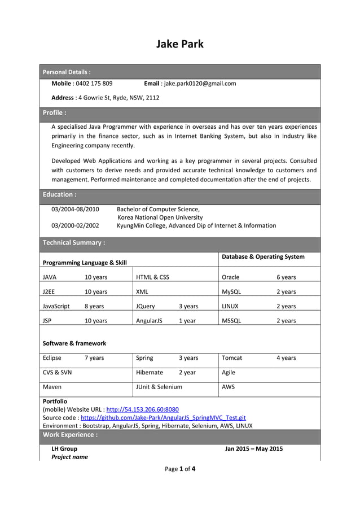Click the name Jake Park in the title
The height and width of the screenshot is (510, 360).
[x=179, y=44]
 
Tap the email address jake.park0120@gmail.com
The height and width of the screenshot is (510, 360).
[x=199, y=84]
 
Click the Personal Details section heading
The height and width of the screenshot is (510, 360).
[x=67, y=72]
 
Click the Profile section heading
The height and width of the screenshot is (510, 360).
[x=55, y=112]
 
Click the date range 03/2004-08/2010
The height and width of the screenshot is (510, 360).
[x=75, y=210]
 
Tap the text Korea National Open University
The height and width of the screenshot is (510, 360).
[x=160, y=217]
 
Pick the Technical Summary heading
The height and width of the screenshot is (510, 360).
[x=74, y=243]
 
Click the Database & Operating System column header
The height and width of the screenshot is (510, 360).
[x=263, y=257]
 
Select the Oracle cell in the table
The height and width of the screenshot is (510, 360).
[x=230, y=277]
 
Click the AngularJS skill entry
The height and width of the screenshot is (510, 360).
[x=149, y=321]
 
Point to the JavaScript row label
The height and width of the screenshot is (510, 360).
[x=56, y=306]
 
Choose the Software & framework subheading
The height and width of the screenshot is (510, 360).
[x=74, y=343]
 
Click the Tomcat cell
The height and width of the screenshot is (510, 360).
[x=231, y=358]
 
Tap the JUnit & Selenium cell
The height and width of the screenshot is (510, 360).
[x=159, y=387]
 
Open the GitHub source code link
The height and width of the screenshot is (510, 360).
[x=163, y=417]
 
